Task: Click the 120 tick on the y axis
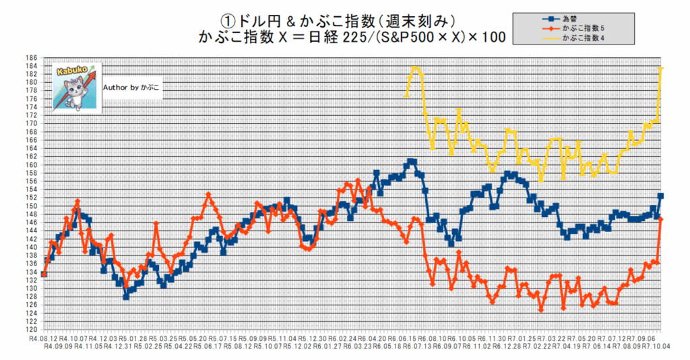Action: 32,330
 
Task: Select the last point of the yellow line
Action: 661,67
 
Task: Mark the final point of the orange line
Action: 661,219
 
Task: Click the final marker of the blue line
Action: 661,196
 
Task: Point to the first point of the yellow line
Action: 406,95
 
